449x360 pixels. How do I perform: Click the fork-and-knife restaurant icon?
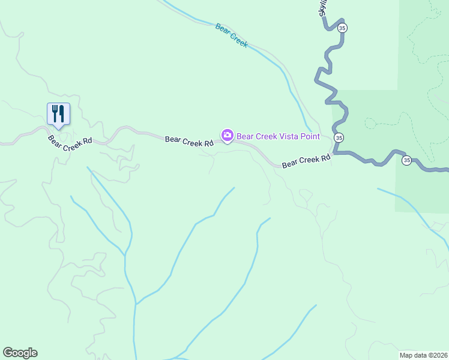[x=58, y=113]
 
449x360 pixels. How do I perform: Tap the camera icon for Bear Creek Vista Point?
[x=228, y=136]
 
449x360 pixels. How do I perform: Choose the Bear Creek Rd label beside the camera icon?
[x=190, y=143]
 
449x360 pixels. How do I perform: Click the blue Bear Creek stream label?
[x=232, y=35]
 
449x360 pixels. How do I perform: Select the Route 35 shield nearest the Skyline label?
[x=342, y=28]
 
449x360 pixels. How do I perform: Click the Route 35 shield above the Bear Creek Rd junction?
[x=339, y=137]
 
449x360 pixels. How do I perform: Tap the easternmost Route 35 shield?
[x=406, y=160]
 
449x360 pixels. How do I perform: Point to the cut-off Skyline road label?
[x=324, y=8]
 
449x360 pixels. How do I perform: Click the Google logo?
[x=20, y=352]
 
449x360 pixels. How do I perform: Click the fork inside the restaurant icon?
[x=55, y=112]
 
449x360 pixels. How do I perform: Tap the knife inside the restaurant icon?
[x=61, y=113]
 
